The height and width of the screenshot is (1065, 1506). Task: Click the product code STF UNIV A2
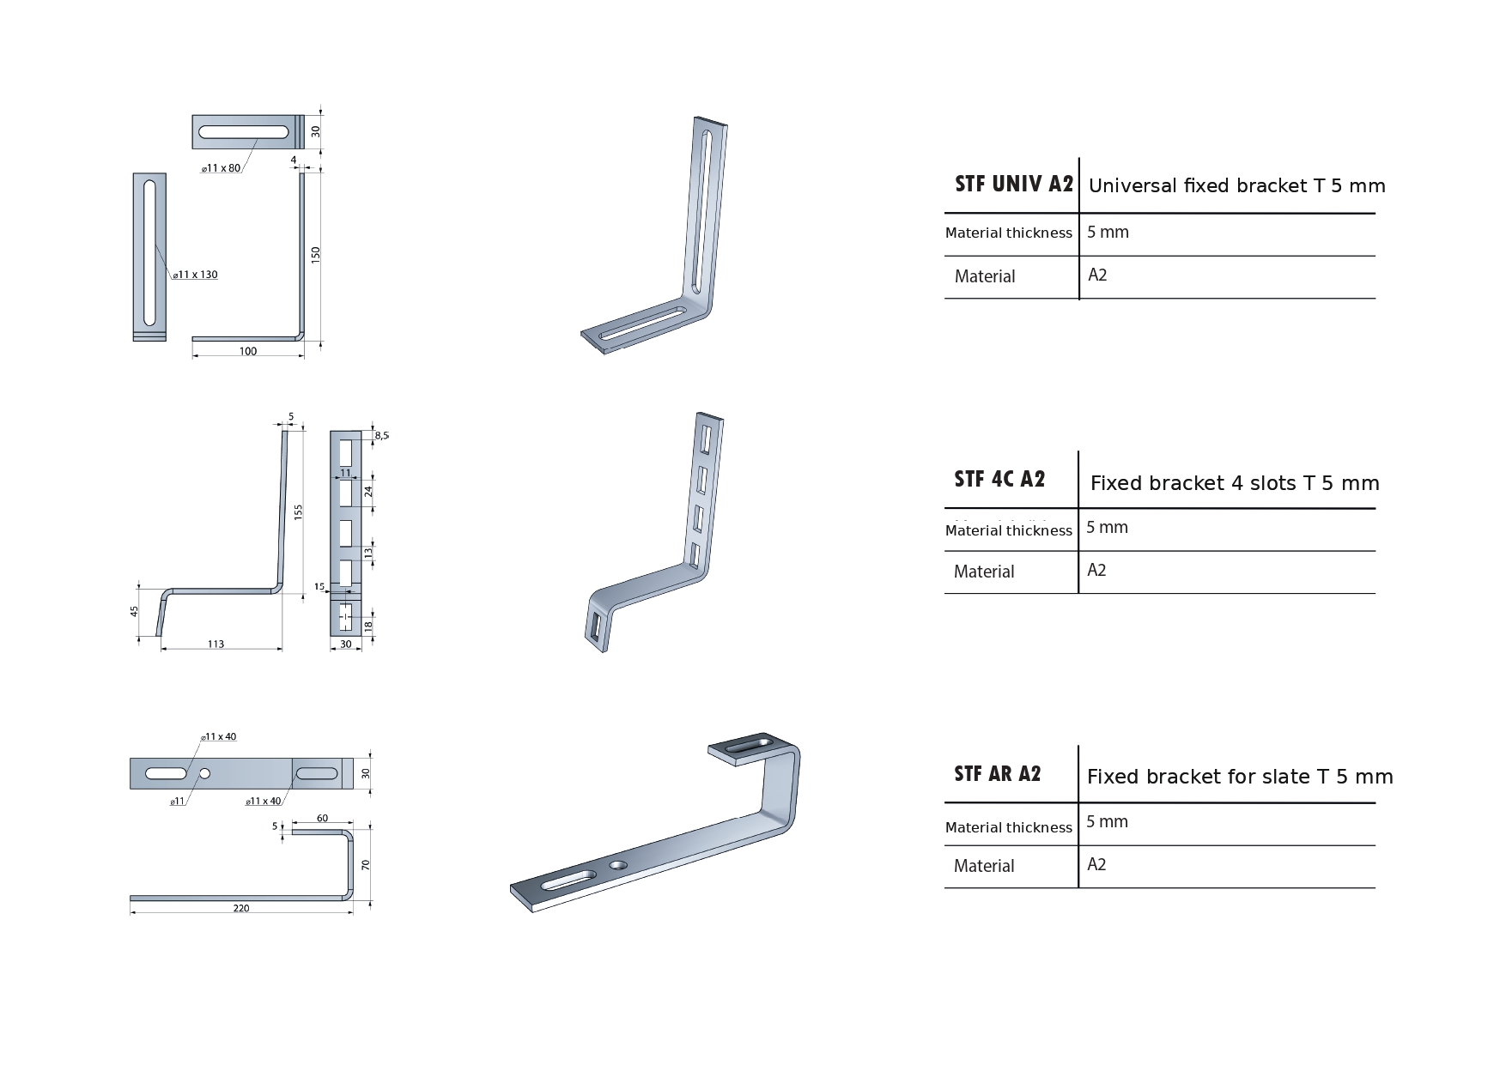click(x=1014, y=184)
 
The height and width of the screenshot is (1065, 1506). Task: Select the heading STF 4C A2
click(x=999, y=479)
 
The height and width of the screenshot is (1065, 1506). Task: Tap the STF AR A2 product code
click(x=997, y=773)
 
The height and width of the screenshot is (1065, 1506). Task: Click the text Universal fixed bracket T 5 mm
click(x=1236, y=185)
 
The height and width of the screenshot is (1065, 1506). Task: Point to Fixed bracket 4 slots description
click(x=1235, y=483)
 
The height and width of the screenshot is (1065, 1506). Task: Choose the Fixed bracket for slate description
click(x=1240, y=777)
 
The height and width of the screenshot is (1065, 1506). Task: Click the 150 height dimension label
click(x=316, y=255)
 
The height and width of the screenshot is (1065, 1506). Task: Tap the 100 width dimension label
click(x=247, y=351)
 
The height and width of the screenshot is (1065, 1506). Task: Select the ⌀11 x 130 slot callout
click(x=195, y=275)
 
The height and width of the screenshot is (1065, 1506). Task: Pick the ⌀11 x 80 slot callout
click(x=221, y=168)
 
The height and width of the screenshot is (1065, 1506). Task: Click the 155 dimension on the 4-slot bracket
click(x=299, y=511)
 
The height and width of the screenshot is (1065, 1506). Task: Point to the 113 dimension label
click(x=216, y=644)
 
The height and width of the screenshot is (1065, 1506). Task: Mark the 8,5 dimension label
click(x=382, y=436)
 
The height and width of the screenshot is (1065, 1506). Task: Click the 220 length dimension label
click(x=241, y=908)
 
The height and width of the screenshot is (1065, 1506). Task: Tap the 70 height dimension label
click(x=365, y=865)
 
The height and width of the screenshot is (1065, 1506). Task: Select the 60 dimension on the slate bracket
click(x=322, y=818)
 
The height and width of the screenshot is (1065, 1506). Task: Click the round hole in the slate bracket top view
click(x=204, y=774)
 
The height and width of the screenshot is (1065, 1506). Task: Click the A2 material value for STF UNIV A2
click(x=1097, y=275)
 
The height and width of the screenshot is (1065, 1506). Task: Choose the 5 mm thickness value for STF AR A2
click(x=1107, y=821)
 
